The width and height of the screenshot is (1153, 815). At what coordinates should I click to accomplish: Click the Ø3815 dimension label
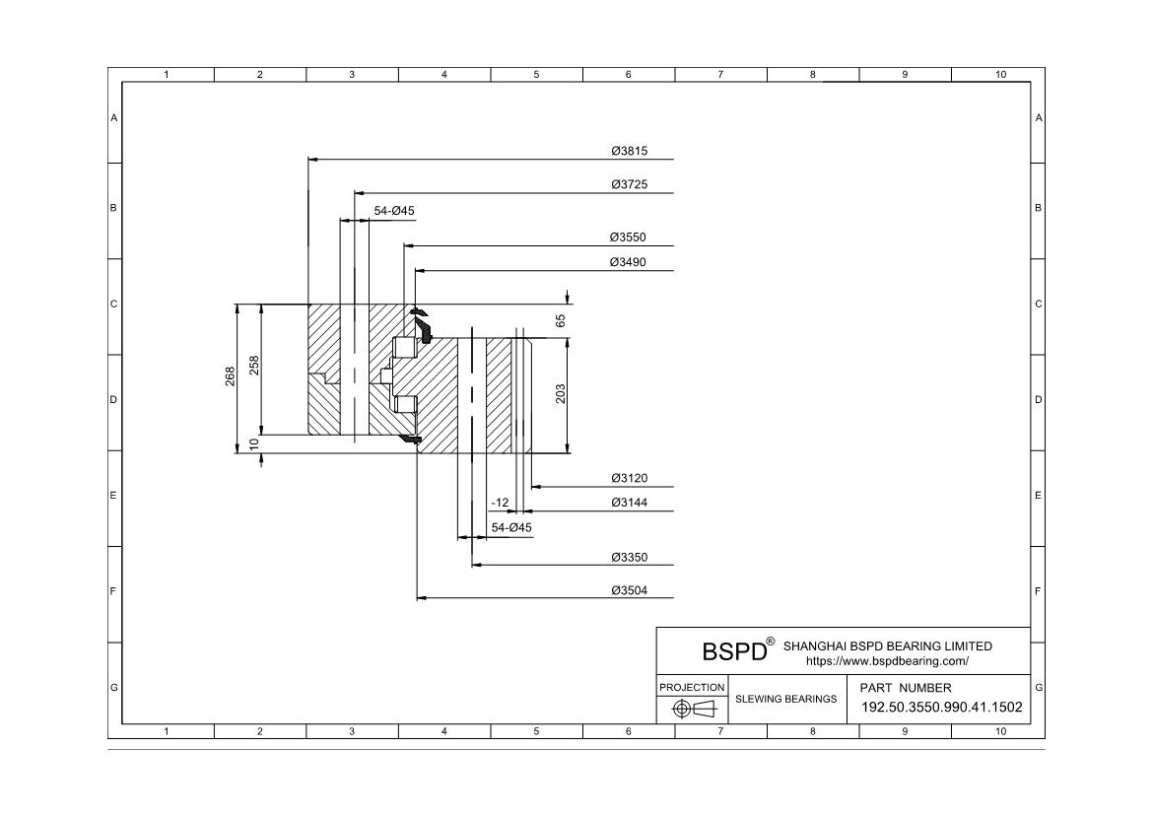coord(630,151)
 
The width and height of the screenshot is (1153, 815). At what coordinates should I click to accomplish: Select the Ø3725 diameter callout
coord(630,184)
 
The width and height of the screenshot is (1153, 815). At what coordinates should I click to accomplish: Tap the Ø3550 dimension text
coord(628,238)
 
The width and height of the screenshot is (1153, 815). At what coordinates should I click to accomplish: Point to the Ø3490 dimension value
coord(628,262)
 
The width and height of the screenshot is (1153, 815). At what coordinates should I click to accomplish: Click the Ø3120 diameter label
coord(630,478)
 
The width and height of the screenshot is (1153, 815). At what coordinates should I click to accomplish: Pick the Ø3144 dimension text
coord(630,503)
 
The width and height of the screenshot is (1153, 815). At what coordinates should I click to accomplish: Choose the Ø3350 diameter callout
coord(630,558)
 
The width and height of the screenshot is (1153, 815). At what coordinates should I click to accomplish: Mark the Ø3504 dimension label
coord(630,590)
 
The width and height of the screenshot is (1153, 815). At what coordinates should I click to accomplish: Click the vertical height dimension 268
coord(231,376)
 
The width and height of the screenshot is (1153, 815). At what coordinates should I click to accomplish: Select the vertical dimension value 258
coord(254,366)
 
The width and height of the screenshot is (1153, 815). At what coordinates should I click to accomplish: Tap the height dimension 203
coord(561,394)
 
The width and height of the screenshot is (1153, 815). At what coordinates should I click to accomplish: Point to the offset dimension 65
coord(561,320)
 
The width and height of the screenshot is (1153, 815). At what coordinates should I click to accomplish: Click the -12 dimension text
coord(500,504)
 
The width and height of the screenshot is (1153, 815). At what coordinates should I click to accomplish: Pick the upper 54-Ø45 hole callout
coord(394,211)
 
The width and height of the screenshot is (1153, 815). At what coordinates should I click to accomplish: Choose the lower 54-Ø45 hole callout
coord(511,528)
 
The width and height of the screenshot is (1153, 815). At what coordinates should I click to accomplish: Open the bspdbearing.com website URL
coord(888,661)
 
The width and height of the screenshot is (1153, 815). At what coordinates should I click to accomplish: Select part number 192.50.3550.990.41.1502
coord(942,708)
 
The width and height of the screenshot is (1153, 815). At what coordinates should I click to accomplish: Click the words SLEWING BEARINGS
coord(786,700)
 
